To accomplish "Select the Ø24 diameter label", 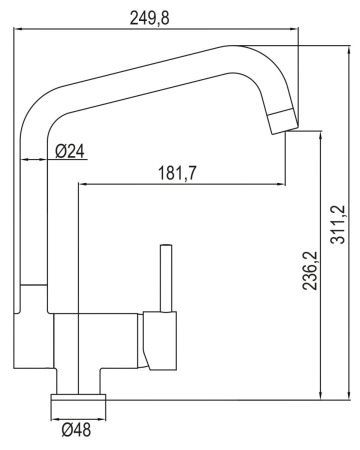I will [69, 151].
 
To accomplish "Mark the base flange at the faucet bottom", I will [79, 405].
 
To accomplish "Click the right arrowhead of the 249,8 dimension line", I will [297, 30].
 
